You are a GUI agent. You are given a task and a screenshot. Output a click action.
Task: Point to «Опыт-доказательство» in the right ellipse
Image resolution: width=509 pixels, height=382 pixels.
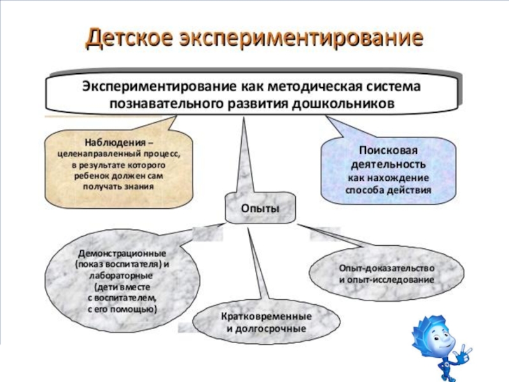coord(387,268)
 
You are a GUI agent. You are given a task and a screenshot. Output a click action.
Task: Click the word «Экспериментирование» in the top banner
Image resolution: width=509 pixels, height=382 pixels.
coord(159,85)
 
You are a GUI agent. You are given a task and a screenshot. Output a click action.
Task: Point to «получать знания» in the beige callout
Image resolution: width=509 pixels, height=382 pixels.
coord(118,187)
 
